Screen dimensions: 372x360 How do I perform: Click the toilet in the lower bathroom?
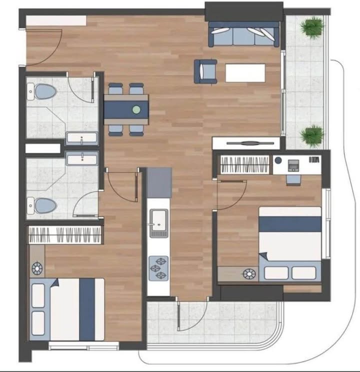(x=44, y=205)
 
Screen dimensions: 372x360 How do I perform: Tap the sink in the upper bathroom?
(x=82, y=138)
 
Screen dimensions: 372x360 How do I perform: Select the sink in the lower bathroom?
(x=82, y=159)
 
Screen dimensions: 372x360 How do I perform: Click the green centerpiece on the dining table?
(x=136, y=108)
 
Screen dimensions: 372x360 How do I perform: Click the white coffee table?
(x=245, y=72)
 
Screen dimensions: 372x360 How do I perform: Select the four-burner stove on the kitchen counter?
(x=159, y=268)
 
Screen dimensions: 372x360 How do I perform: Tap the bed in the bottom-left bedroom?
(x=67, y=309)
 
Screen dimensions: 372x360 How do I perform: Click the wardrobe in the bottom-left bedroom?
(x=65, y=234)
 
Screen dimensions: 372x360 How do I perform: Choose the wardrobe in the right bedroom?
(x=244, y=164)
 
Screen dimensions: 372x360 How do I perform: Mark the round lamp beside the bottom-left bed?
(x=37, y=269)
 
